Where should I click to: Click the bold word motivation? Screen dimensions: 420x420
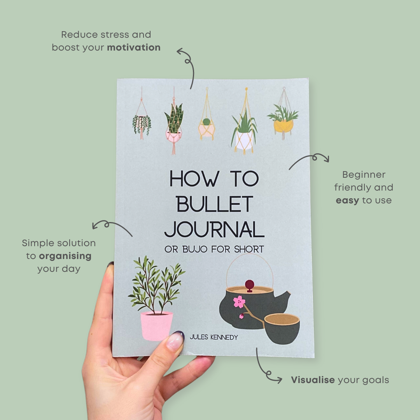pyautogui.click(x=133, y=47)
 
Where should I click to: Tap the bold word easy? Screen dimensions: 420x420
pyautogui.click(x=347, y=200)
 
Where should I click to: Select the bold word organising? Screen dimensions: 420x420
pyautogui.click(x=65, y=256)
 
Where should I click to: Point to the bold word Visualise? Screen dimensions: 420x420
pyautogui.click(x=313, y=380)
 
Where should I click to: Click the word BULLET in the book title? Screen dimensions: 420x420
pyautogui.click(x=214, y=204)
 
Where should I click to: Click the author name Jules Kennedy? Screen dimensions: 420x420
pyautogui.click(x=213, y=337)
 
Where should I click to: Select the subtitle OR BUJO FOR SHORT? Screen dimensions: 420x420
pyautogui.click(x=214, y=249)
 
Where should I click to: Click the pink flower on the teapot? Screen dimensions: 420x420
pyautogui.click(x=239, y=301)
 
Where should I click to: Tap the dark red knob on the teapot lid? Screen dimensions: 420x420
pyautogui.click(x=249, y=283)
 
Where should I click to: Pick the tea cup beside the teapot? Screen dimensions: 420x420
pyautogui.click(x=282, y=329)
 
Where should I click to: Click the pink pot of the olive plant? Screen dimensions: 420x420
pyautogui.click(x=156, y=326)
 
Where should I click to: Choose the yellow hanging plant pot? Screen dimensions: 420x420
pyautogui.click(x=283, y=125)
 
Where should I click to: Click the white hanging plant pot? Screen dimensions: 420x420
pyautogui.click(x=244, y=140)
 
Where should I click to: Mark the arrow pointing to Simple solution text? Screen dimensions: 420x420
pyautogui.click(x=111, y=227)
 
